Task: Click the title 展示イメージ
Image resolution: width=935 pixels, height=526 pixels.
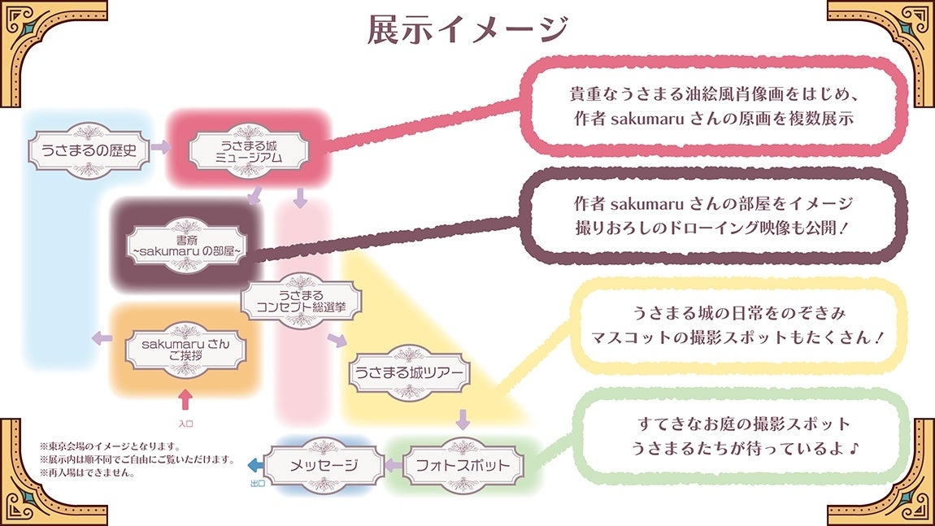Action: tap(467, 29)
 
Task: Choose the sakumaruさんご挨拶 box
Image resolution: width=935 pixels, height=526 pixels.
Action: tap(185, 350)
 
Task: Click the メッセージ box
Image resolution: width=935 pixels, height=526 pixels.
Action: tap(324, 465)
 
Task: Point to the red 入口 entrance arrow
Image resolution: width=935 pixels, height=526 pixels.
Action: tap(185, 399)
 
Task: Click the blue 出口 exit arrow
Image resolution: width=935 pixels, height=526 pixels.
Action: tap(254, 465)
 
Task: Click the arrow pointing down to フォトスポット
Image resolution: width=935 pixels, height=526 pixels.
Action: tap(463, 419)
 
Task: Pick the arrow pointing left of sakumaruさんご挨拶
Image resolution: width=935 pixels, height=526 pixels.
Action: tap(102, 338)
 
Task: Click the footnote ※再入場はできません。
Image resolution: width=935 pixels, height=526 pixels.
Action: tap(87, 472)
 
